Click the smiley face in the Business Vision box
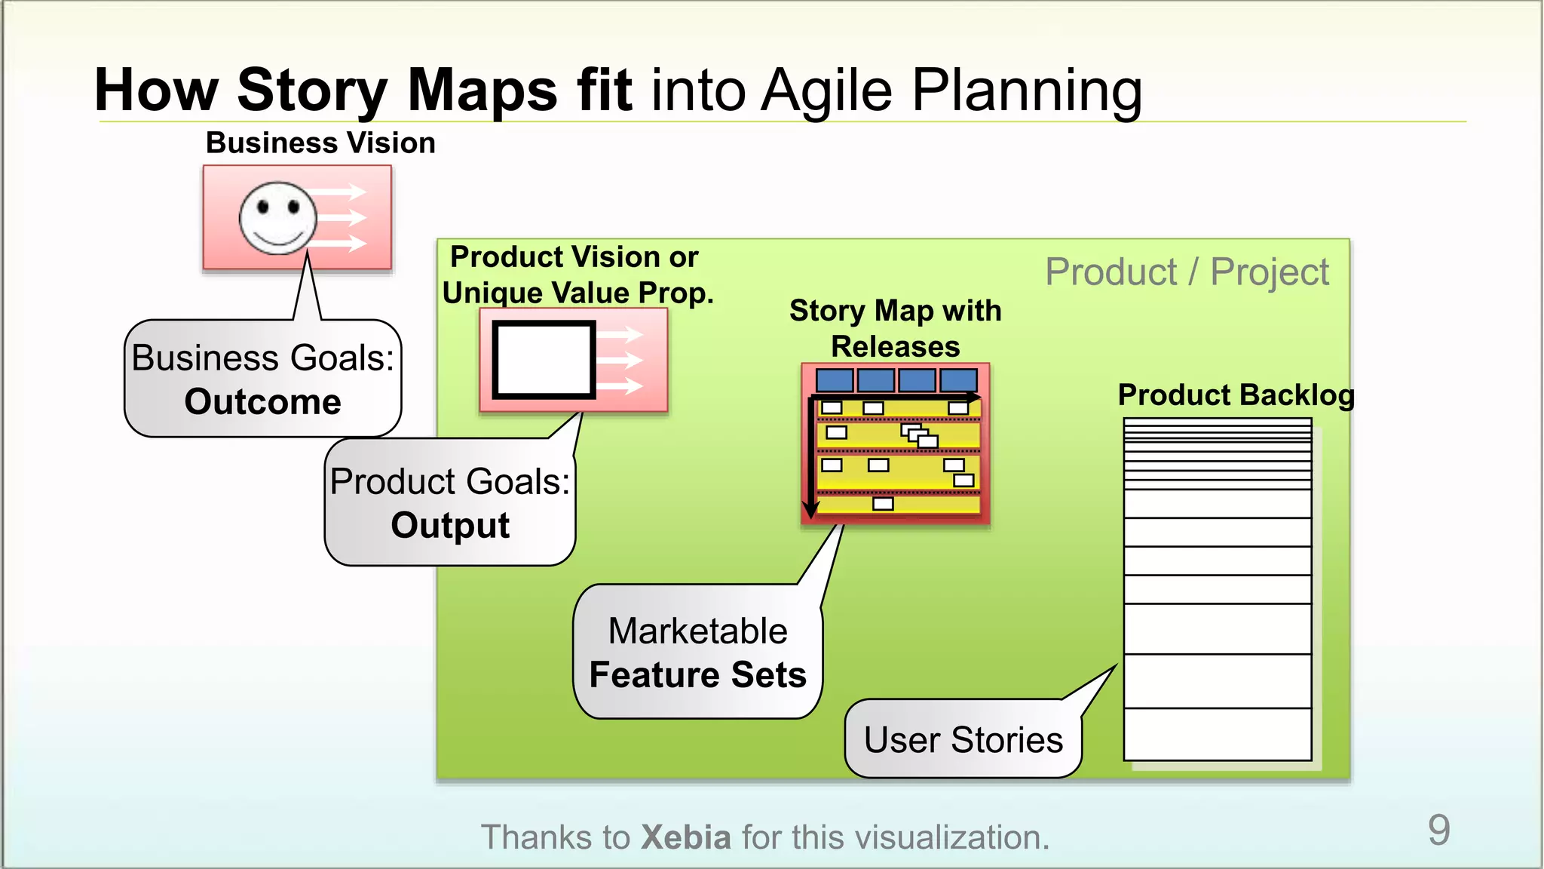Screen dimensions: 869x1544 pyautogui.click(x=277, y=218)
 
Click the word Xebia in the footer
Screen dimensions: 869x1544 pyautogui.click(x=685, y=837)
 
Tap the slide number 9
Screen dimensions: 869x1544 pyautogui.click(x=1438, y=830)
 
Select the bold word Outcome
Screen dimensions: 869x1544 pyautogui.click(x=262, y=401)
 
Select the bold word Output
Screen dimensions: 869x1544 pyautogui.click(x=450, y=525)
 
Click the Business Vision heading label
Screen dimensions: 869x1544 pyautogui.click(x=320, y=143)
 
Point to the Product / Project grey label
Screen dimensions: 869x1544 pyautogui.click(x=1187, y=272)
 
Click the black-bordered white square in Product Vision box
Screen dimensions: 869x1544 pyautogui.click(x=544, y=360)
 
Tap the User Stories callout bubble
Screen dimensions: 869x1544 pyautogui.click(x=963, y=739)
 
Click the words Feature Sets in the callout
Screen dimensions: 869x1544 pyautogui.click(x=697, y=674)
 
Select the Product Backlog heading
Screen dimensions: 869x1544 pyautogui.click(x=1236, y=395)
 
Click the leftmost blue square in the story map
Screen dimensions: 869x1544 pyautogui.click(x=835, y=379)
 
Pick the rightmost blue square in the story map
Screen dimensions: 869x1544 pyautogui.click(x=958, y=379)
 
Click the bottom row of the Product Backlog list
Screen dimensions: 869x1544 pyautogui.click(x=1217, y=734)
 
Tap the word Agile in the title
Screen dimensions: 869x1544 pyautogui.click(x=826, y=91)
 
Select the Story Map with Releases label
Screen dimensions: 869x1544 pyautogui.click(x=895, y=328)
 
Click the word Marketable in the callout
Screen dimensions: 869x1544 pyautogui.click(x=697, y=631)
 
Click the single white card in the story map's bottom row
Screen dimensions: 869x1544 pyautogui.click(x=883, y=503)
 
